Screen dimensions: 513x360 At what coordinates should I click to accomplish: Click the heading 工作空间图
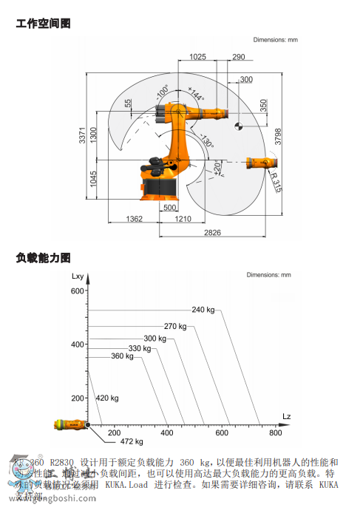tap(43, 24)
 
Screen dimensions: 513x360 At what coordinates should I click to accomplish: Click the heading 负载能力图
tap(43, 258)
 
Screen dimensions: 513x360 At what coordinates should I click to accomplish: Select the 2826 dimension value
tap(213, 233)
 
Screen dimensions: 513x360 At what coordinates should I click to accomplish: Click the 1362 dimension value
tap(134, 220)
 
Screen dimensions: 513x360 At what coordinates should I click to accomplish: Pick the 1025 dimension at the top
tap(197, 57)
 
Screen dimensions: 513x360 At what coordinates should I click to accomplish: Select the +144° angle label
tap(195, 95)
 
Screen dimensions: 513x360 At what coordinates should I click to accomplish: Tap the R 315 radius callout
tap(276, 182)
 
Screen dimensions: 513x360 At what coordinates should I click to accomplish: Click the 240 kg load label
tap(203, 310)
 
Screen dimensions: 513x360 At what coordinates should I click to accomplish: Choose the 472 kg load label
tap(132, 442)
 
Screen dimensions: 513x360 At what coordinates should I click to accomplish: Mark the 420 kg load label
tap(107, 398)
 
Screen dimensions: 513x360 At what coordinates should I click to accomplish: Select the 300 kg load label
tap(155, 338)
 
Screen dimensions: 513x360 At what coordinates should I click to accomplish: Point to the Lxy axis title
tap(79, 276)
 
